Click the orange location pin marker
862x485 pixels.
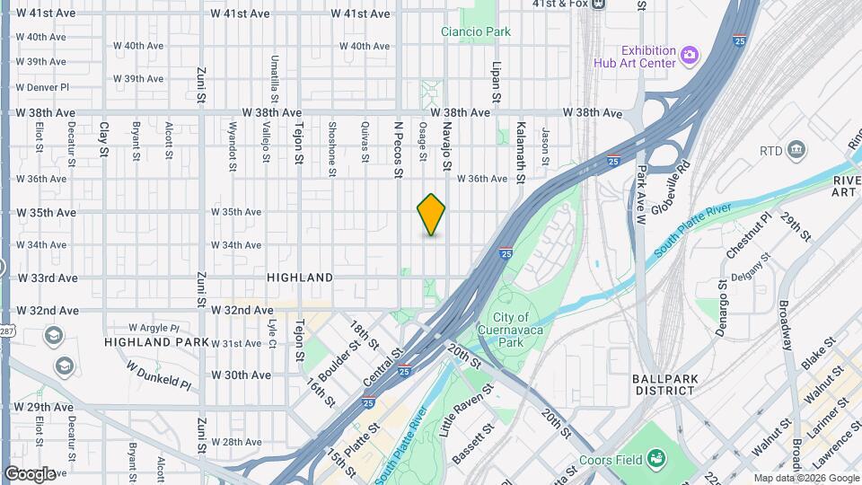click(x=431, y=215)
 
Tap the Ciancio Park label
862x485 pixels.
click(x=476, y=32)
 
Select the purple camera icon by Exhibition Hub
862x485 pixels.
click(x=689, y=55)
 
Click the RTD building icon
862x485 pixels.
click(x=796, y=149)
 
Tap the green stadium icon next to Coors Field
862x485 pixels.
click(x=657, y=459)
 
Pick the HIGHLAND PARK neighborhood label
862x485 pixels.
click(x=156, y=342)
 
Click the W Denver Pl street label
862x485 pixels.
click(x=41, y=87)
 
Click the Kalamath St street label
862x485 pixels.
click(x=519, y=146)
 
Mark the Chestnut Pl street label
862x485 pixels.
click(x=749, y=235)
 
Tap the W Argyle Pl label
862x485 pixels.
click(x=154, y=328)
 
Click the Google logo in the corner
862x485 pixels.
click(x=31, y=473)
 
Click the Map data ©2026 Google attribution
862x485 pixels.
click(x=805, y=478)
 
